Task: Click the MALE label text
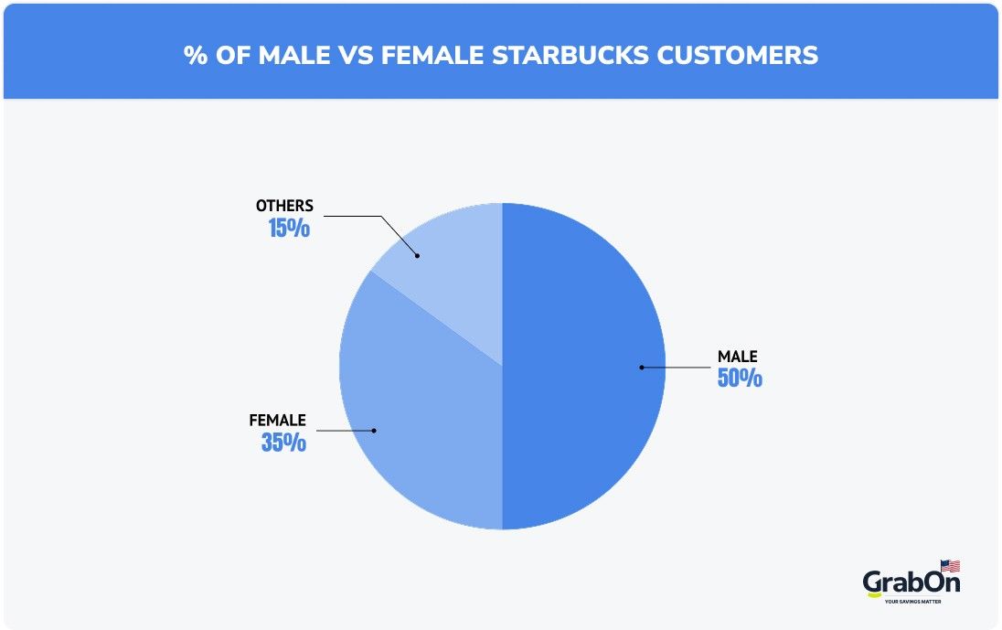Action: click(737, 357)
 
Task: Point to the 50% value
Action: click(740, 378)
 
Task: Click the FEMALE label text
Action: click(277, 421)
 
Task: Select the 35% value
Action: click(283, 443)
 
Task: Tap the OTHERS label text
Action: click(284, 206)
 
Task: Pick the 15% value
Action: click(289, 228)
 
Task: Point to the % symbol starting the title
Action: click(195, 55)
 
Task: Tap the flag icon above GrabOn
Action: click(950, 566)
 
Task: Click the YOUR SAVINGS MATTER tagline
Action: click(912, 601)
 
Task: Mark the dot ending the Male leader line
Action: click(641, 368)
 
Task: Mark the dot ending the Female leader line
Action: click(374, 430)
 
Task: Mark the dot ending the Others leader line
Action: click(417, 255)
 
